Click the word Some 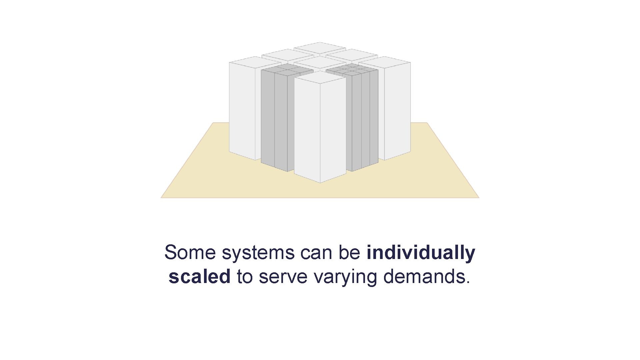pos(190,252)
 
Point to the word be pos(350,252)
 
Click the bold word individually pos(421,252)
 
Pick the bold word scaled pos(199,277)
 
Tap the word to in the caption pos(244,277)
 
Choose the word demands pos(424,277)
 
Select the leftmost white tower pos(242,110)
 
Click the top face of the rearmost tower pos(320,48)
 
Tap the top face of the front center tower pos(320,77)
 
